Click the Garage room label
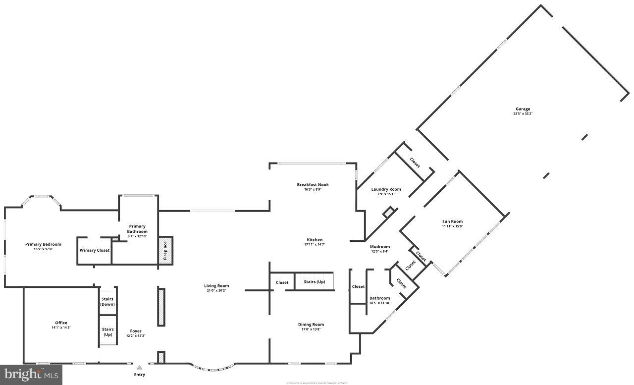pyautogui.click(x=523, y=109)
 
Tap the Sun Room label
pyautogui.click(x=452, y=221)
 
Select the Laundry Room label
pyautogui.click(x=386, y=189)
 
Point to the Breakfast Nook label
pyautogui.click(x=313, y=185)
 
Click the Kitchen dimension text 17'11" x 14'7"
pyautogui.click(x=315, y=245)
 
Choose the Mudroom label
pyautogui.click(x=380, y=246)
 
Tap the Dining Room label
pyautogui.click(x=311, y=325)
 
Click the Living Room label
pyautogui.click(x=216, y=286)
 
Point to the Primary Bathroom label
pyautogui.click(x=137, y=229)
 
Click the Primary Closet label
pyautogui.click(x=95, y=250)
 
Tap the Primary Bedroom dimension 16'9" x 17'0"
pyautogui.click(x=43, y=249)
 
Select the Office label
pyautogui.click(x=61, y=323)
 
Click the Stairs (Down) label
pyautogui.click(x=107, y=302)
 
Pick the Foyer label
pyautogui.click(x=135, y=331)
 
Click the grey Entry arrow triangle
pyautogui.click(x=140, y=368)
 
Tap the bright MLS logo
pyautogui.click(x=31, y=375)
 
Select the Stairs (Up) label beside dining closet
pyautogui.click(x=315, y=282)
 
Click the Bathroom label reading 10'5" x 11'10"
pyautogui.click(x=379, y=303)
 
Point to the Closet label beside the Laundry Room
pyautogui.click(x=415, y=163)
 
